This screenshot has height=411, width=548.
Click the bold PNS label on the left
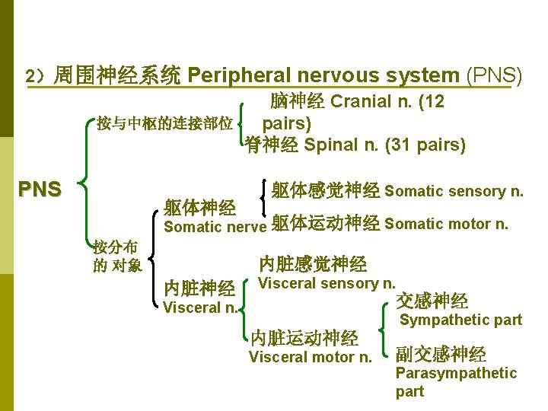tap(40, 189)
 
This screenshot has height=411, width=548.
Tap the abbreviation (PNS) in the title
tap(493, 75)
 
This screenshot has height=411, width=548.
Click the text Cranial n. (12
tap(388, 102)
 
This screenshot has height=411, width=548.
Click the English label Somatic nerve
tap(214, 226)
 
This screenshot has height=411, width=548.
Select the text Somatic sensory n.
tap(454, 191)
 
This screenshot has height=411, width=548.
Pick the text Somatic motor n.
tap(447, 224)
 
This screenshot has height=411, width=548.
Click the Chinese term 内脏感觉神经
tap(313, 264)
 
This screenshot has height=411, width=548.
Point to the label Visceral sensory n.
tap(327, 283)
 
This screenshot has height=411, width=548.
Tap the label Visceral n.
tap(200, 308)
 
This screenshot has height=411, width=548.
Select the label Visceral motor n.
tap(311, 357)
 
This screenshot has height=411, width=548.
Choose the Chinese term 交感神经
tap(432, 301)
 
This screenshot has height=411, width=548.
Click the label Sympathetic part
tap(460, 320)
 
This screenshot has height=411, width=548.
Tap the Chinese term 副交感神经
tap(441, 354)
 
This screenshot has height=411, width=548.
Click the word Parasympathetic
tap(456, 373)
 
